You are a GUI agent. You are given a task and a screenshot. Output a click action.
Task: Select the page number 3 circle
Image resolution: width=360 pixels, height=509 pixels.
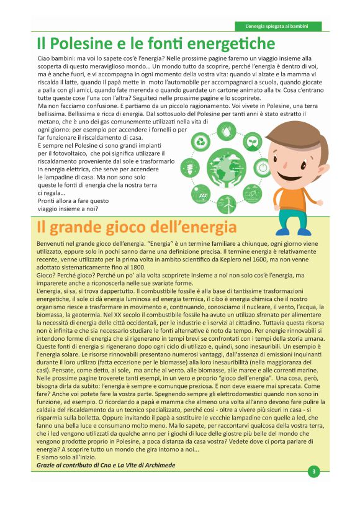point(315,471)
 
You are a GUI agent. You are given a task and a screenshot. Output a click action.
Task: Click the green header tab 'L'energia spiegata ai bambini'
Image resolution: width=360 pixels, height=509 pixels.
point(279,26)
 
